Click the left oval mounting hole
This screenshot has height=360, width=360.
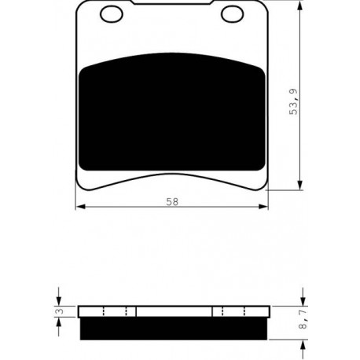pos(112,14)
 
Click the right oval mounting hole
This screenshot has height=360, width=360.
pos(233,14)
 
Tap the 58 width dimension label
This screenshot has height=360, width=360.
pos(172,202)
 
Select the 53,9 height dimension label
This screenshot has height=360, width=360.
pos(293,101)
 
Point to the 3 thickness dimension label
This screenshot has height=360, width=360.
pos(61,311)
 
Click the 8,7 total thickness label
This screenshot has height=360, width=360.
pos(303,318)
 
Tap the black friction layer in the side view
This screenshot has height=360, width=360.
pos(174,329)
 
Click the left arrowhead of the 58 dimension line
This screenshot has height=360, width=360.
pos(80,207)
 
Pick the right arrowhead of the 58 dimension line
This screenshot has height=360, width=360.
pos(263,207)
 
